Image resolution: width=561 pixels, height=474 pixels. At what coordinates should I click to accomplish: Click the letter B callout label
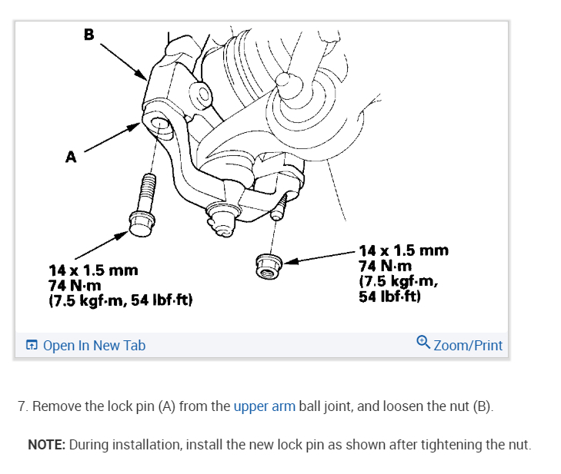(x=88, y=34)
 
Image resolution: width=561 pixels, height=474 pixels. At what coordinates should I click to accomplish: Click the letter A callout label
(x=71, y=157)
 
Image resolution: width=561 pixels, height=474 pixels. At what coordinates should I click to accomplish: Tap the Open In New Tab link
(x=94, y=346)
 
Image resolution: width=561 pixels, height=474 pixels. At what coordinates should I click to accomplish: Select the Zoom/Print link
(x=468, y=346)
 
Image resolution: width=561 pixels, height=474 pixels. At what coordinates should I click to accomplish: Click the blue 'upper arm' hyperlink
(x=264, y=406)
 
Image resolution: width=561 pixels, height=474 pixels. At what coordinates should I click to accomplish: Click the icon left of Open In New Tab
(x=32, y=346)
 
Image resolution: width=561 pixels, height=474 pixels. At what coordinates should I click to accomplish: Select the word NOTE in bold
(x=45, y=445)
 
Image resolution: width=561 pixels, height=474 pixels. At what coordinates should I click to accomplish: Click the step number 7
(x=22, y=406)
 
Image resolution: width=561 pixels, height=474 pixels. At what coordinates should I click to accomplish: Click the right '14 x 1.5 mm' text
(x=403, y=250)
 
